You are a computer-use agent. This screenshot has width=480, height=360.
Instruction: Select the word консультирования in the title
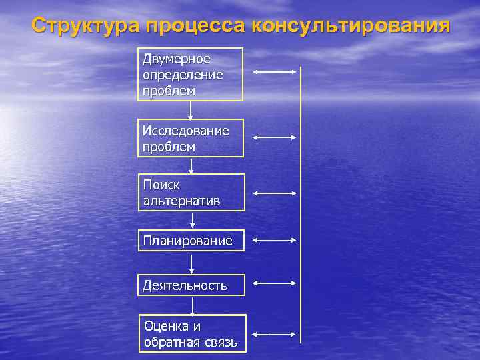351,27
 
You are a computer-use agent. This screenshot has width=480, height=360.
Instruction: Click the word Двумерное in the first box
176,59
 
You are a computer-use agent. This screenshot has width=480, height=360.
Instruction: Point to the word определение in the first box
183,74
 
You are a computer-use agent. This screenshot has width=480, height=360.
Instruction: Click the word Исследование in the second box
185,131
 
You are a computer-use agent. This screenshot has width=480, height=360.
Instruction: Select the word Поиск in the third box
161,184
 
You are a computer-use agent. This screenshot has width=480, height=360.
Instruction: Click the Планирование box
191,241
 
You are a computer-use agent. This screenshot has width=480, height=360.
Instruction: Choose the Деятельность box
191,285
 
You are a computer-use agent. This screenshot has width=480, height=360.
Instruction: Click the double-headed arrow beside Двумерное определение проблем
275,71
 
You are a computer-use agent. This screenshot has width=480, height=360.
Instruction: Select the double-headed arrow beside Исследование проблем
275,137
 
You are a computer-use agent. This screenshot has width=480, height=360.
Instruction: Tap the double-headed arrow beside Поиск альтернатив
275,193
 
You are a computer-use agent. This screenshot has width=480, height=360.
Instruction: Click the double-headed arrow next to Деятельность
275,283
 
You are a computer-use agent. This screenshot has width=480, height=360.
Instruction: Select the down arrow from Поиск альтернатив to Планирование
193,221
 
